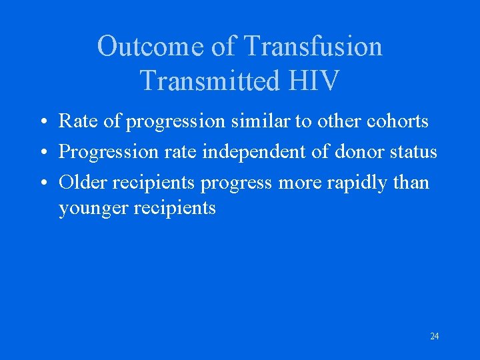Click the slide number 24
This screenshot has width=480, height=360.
click(434, 336)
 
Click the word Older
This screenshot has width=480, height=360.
click(82, 182)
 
